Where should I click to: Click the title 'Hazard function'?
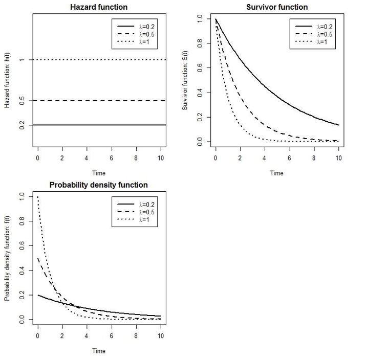coord(99,7)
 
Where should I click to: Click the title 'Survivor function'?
coord(277,7)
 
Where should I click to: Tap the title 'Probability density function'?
coord(99,185)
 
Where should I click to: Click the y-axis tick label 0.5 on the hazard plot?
coord(22,101)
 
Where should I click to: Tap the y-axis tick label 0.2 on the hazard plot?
coord(22,125)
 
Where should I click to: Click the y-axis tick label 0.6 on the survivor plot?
coord(200,68)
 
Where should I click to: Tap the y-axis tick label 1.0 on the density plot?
coord(22,197)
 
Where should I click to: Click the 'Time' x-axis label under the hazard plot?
coord(99,173)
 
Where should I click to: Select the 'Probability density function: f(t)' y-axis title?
coord(8,258)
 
